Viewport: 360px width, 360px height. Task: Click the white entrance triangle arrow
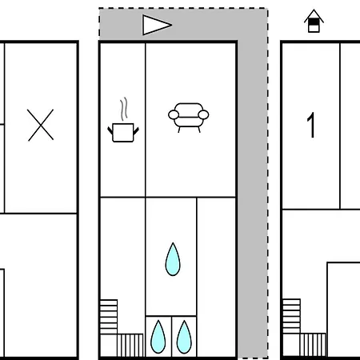pyautogui.click(x=157, y=25)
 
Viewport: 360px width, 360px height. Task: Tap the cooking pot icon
pyautogui.click(x=123, y=133)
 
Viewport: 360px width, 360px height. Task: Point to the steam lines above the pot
pyautogui.click(x=123, y=109)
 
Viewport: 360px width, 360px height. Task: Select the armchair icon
pyautogui.click(x=189, y=118)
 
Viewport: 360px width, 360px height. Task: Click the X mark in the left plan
pyautogui.click(x=41, y=125)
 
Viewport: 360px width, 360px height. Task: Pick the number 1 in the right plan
pyautogui.click(x=311, y=125)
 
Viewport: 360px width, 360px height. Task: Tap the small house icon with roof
pyautogui.click(x=314, y=21)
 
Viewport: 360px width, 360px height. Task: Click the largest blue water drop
pyautogui.click(x=173, y=259)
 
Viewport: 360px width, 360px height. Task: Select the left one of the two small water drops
pyautogui.click(x=158, y=337)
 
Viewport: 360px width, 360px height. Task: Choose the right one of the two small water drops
pyautogui.click(x=184, y=337)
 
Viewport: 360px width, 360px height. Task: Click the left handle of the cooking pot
pyautogui.click(x=110, y=130)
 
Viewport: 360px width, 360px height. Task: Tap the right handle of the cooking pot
pyautogui.click(x=136, y=130)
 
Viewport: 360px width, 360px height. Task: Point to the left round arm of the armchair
pyautogui.click(x=174, y=115)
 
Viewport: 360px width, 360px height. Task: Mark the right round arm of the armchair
pyautogui.click(x=203, y=115)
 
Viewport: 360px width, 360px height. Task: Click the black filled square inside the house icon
pyautogui.click(x=314, y=22)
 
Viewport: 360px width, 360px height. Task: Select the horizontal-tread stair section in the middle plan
pyautogui.click(x=109, y=317)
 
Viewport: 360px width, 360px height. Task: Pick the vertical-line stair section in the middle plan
pyautogui.click(x=130, y=345)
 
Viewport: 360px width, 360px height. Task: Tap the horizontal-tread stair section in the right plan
pyautogui.click(x=291, y=316)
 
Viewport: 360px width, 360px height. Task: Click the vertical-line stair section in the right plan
pyautogui.click(x=313, y=344)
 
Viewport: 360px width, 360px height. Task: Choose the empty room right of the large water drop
pyautogui.click(x=216, y=277)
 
